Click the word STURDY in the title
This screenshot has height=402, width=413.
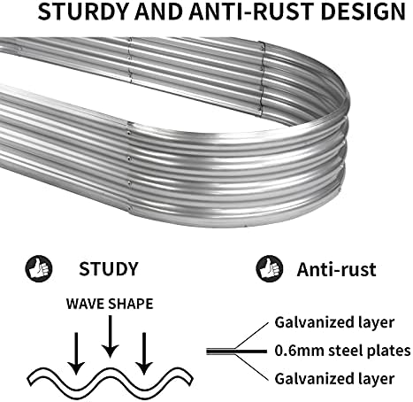click(83, 12)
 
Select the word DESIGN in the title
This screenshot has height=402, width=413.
click(363, 12)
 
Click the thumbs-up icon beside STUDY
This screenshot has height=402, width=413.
click(39, 268)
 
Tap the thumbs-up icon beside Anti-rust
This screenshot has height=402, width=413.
click(269, 268)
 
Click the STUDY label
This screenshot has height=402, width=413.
click(109, 269)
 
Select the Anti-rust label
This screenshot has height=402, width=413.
click(336, 269)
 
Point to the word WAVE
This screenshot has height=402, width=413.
click(86, 304)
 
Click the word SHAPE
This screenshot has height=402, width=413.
click(131, 304)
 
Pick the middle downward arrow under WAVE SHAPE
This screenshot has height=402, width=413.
click(110, 336)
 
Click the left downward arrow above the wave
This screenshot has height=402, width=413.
click(76, 353)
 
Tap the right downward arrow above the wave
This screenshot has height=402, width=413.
click(144, 353)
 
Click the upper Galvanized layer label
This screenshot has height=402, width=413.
click(334, 322)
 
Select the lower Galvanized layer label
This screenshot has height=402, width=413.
click(334, 379)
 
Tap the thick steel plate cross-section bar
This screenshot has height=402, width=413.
click(236, 352)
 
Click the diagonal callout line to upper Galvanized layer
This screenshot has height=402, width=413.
click(252, 335)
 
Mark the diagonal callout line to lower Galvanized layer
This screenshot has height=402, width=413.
click(252, 367)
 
